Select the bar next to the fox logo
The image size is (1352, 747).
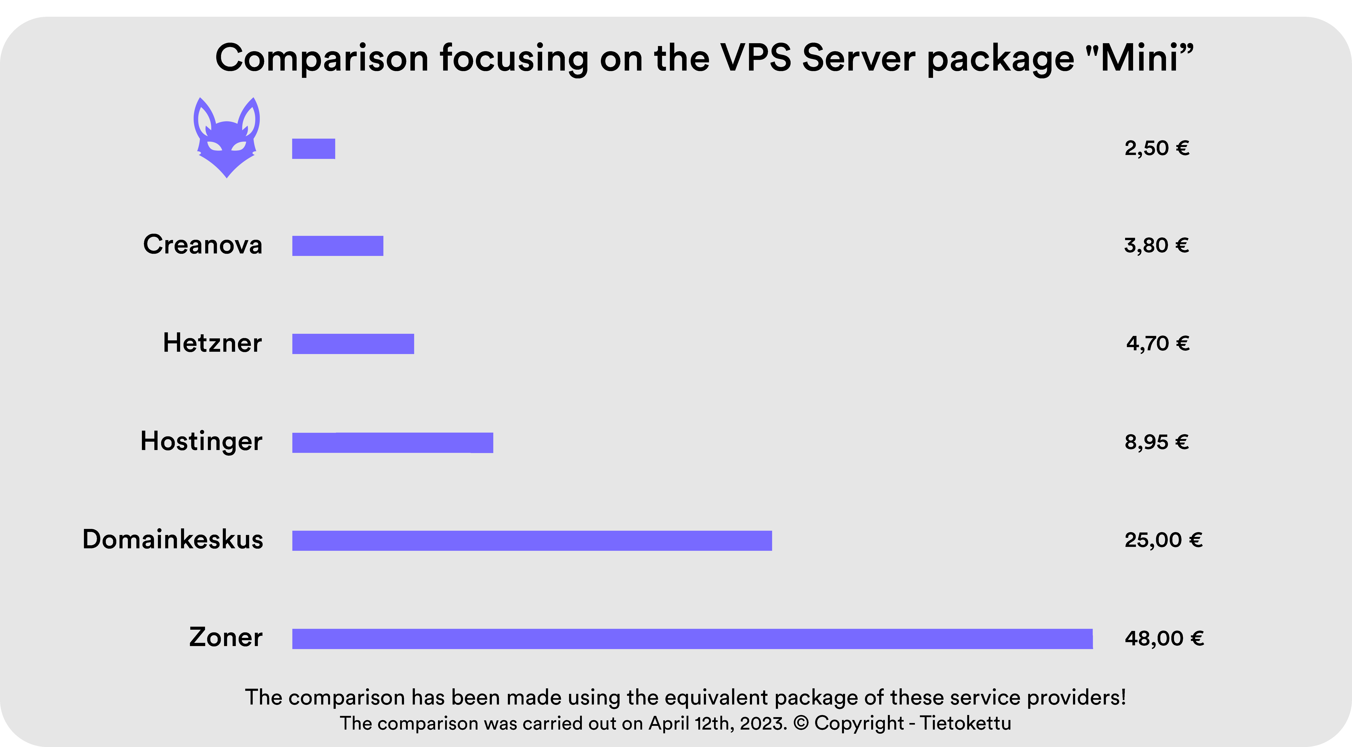(313, 148)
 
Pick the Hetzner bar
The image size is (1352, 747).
(353, 344)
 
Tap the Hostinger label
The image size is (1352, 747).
(201, 441)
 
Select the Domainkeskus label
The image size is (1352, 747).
(173, 539)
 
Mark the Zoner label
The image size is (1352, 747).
(226, 637)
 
